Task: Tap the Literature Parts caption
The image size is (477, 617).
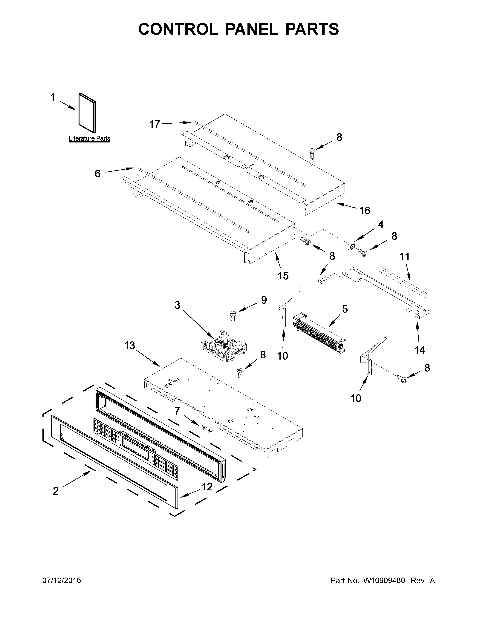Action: click(90, 138)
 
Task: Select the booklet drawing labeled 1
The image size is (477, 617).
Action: click(87, 113)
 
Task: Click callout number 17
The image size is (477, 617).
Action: click(155, 124)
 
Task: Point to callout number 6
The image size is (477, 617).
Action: click(97, 174)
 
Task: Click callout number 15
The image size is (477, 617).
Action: click(283, 275)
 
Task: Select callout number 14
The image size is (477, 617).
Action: click(420, 350)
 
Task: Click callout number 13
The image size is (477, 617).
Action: click(130, 346)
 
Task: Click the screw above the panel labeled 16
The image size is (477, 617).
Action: click(312, 152)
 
